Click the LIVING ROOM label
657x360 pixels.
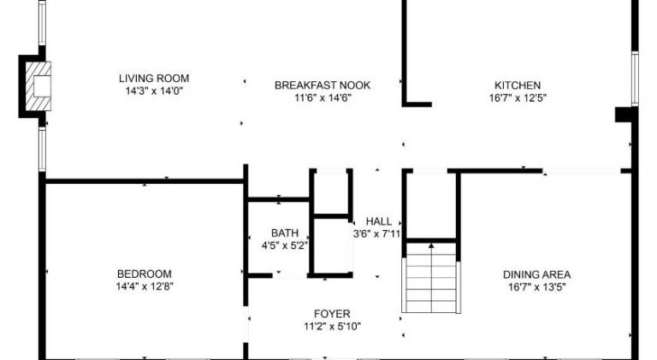[x=154, y=79]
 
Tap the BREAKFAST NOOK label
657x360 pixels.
[x=323, y=86]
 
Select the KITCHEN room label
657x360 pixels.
[x=518, y=86]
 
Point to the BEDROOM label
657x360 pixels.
[x=144, y=274]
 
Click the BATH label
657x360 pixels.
[x=285, y=233]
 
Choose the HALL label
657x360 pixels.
[x=379, y=221]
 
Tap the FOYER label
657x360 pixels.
[x=332, y=314]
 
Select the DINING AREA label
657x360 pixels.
[x=536, y=275]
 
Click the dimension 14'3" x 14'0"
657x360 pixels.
[x=154, y=91]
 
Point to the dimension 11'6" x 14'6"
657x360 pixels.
[x=323, y=98]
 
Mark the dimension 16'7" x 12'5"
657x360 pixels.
[x=518, y=98]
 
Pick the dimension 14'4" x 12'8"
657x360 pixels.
[x=144, y=286]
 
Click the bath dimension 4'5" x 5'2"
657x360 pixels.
[x=285, y=245]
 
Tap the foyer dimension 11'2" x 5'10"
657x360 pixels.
[x=332, y=327]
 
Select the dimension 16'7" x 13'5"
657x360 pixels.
[x=536, y=287]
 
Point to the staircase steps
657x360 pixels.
[x=431, y=277]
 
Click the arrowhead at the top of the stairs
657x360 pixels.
[x=431, y=245]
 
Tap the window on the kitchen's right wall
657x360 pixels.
[x=636, y=79]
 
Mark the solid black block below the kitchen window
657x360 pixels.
[x=624, y=115]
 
